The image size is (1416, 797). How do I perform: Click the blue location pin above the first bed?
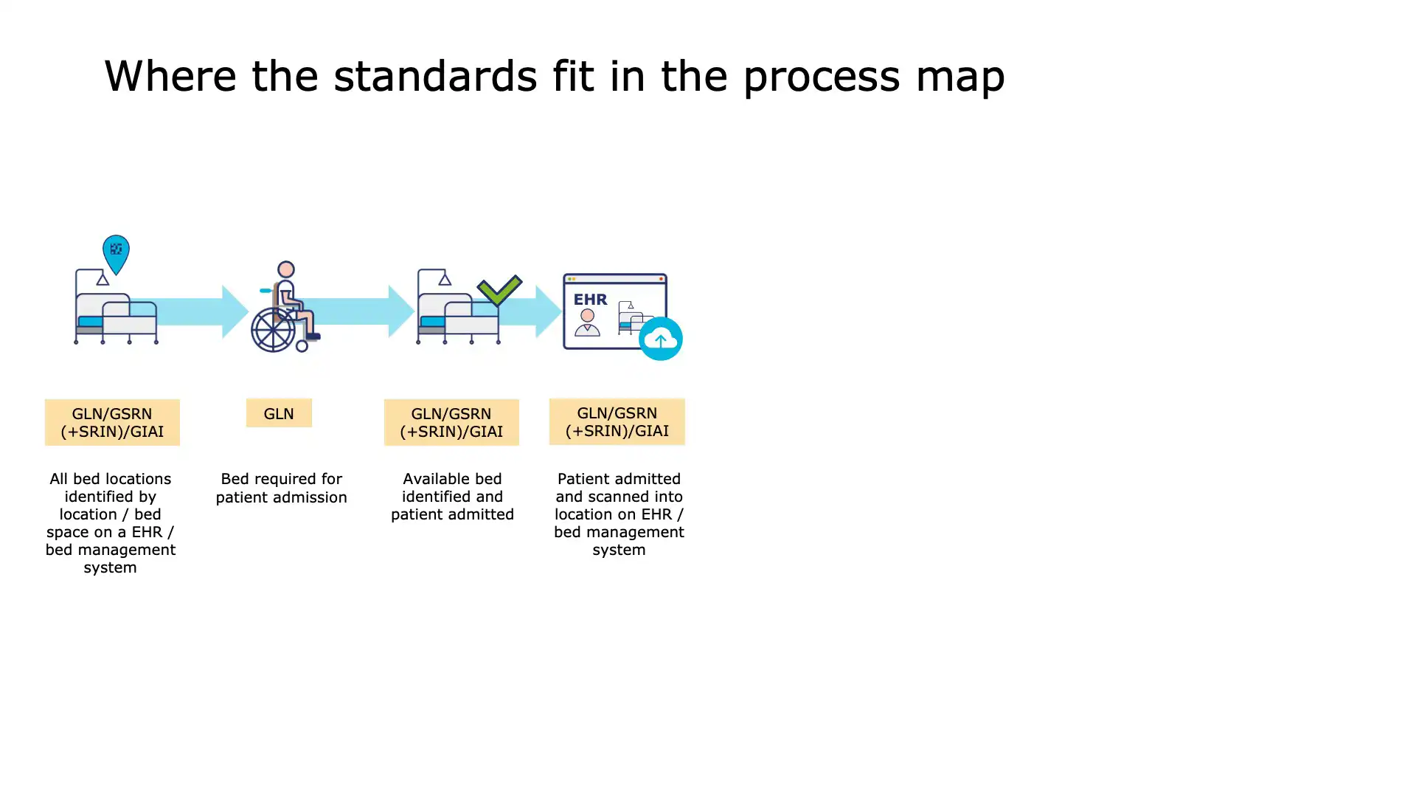coord(116,252)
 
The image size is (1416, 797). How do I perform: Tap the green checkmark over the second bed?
coord(499,290)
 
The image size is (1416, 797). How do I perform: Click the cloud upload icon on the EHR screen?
coord(660,339)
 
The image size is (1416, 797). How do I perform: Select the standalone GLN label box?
coord(279,413)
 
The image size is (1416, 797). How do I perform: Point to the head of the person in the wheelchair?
coord(286,269)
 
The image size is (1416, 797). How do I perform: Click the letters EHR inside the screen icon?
coord(591,299)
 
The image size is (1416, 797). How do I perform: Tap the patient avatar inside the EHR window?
coord(587,323)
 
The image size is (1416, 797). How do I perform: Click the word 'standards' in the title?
coord(435,76)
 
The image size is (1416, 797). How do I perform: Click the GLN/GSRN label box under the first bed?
coord(112,422)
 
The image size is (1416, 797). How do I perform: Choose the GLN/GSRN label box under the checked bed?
coord(451,422)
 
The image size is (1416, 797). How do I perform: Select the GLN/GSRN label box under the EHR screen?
coord(617,421)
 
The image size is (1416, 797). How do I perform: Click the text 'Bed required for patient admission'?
coord(281,488)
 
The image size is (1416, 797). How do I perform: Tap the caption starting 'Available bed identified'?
coord(452,496)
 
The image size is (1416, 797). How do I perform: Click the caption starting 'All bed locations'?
coord(111,522)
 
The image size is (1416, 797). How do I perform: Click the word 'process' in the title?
coord(821,76)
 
